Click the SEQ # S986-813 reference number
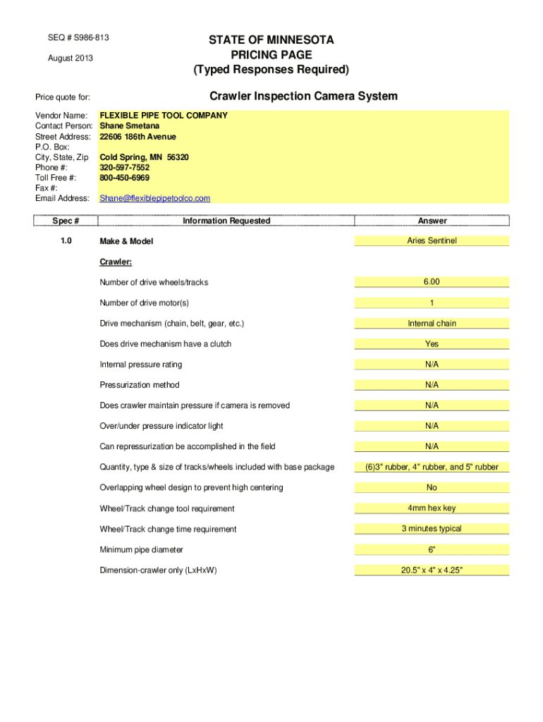[x=78, y=37]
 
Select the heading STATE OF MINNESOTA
[x=271, y=40]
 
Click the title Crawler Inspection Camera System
[x=303, y=96]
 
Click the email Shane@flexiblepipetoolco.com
[x=155, y=198]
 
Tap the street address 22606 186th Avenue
[x=138, y=136]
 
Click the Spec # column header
[x=66, y=221]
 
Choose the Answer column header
[x=432, y=221]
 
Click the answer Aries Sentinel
[x=432, y=240]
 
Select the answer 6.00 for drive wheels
[x=432, y=281]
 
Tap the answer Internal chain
[x=432, y=323]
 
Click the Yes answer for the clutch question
[x=432, y=343]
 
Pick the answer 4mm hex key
[x=432, y=508]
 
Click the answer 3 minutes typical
[x=432, y=528]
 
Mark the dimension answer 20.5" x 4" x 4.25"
[x=432, y=570]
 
